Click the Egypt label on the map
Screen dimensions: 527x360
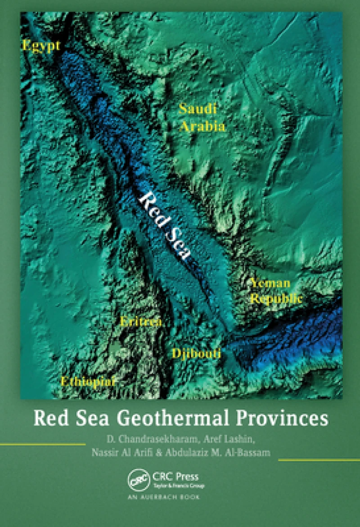coord(40,46)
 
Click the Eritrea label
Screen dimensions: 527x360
coord(141,321)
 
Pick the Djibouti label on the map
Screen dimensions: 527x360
coord(196,353)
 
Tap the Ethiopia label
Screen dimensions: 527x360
coord(88,381)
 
